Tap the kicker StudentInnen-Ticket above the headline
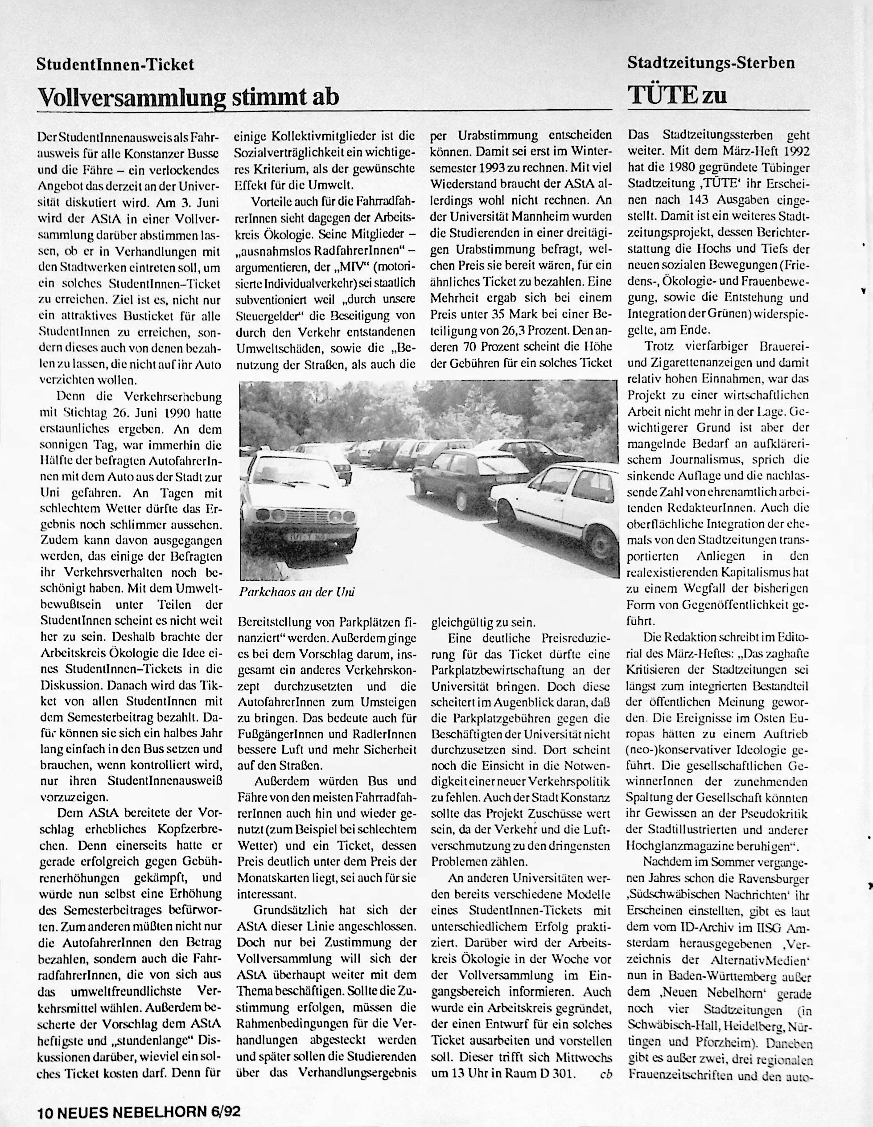pos(115,65)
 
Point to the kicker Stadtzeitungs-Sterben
pos(711,63)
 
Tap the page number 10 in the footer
pos(43,1110)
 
